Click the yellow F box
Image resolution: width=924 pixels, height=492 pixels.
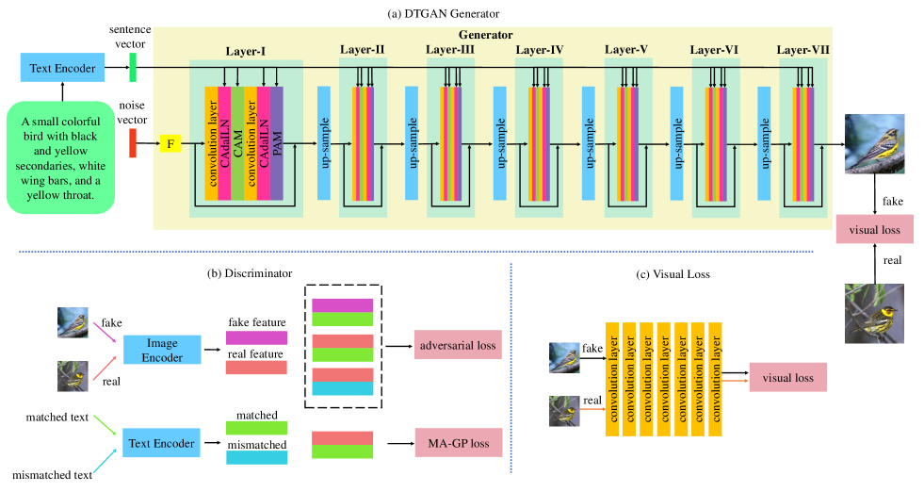pyautogui.click(x=170, y=144)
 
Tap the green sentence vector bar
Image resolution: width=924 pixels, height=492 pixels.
pyautogui.click(x=133, y=67)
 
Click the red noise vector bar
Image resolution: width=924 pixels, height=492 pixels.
pyautogui.click(x=133, y=143)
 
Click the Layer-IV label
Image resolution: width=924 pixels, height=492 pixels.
pyautogui.click(x=539, y=49)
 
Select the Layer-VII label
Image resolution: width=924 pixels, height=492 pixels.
pyautogui.click(x=802, y=49)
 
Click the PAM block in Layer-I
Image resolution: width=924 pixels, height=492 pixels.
pyautogui.click(x=277, y=143)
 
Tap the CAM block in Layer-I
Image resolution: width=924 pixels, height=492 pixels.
pyautogui.click(x=237, y=143)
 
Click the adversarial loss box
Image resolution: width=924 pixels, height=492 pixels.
pyautogui.click(x=457, y=346)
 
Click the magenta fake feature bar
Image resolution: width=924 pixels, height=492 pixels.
pyautogui.click(x=256, y=337)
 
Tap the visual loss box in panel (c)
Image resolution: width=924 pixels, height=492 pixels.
pyautogui.click(x=787, y=378)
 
